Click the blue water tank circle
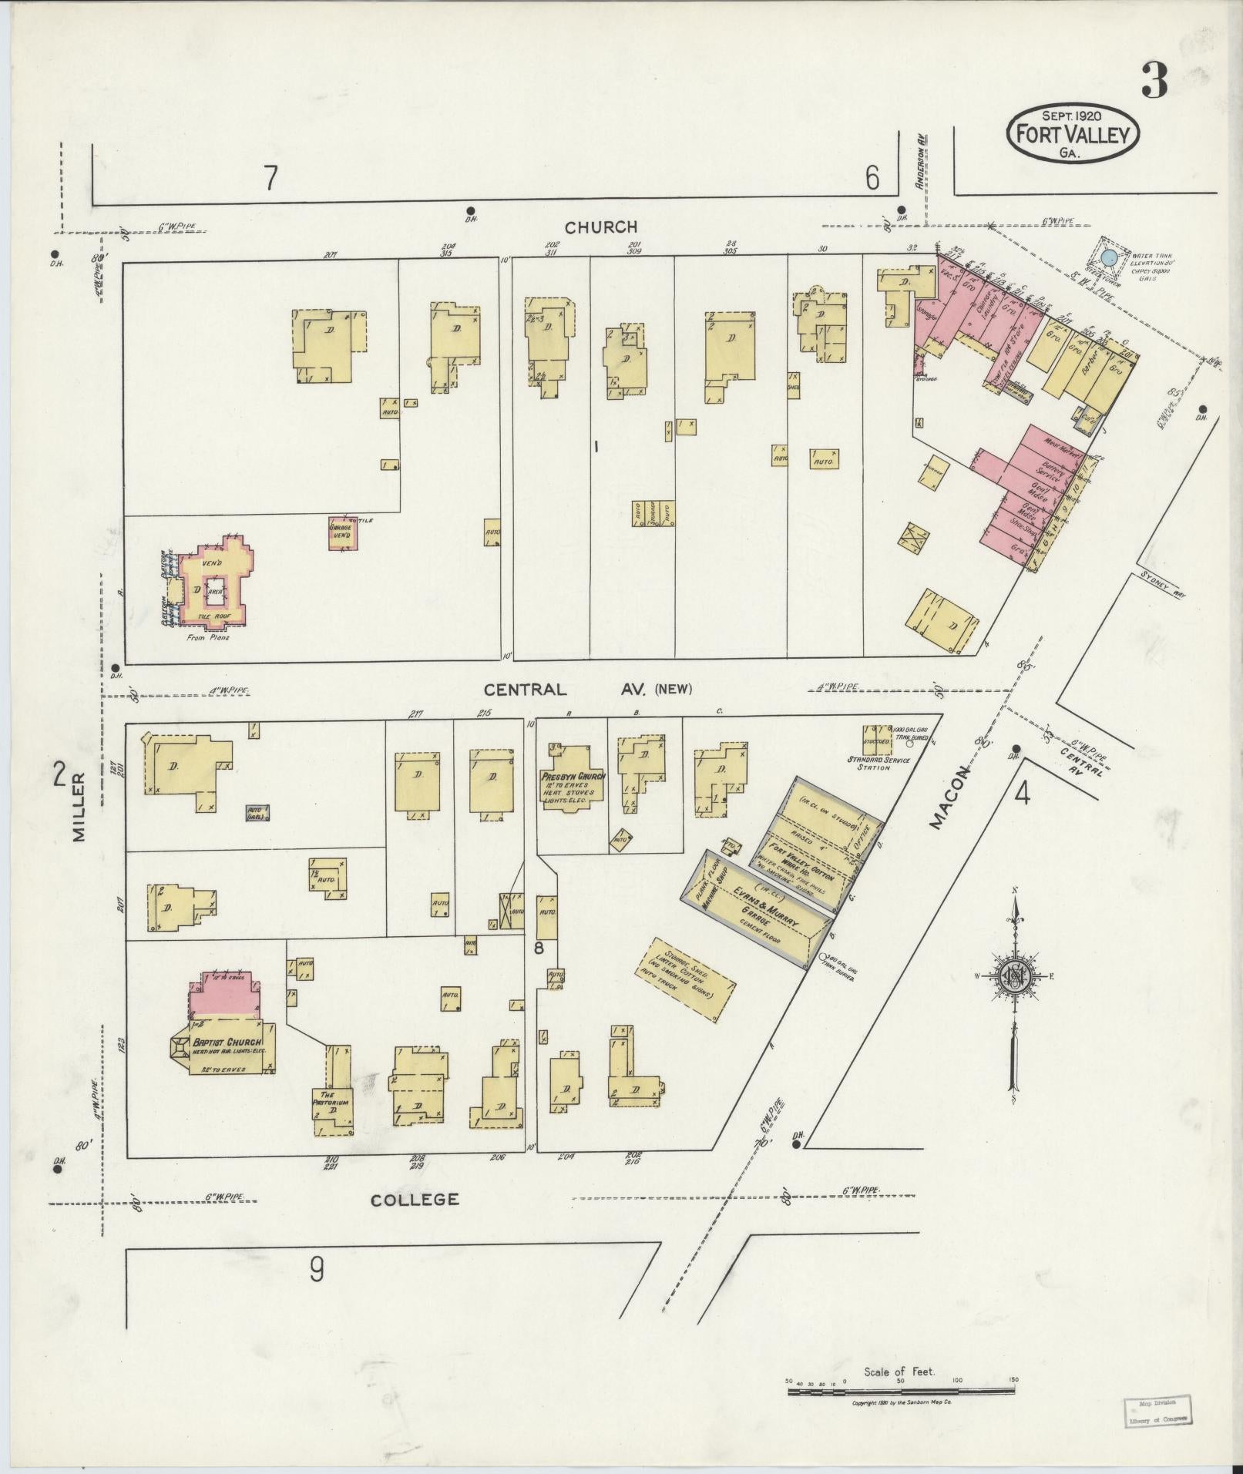(1109, 258)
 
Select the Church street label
(601, 227)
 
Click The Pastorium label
(331, 1097)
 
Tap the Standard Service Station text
(878, 764)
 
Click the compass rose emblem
(1016, 977)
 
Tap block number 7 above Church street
(270, 179)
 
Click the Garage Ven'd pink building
(341, 532)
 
